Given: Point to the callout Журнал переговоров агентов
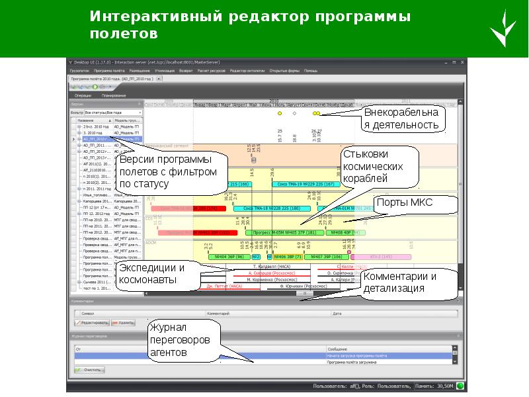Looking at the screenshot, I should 182,340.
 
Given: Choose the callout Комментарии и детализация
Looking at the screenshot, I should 409,283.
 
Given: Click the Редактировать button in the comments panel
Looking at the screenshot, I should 92,322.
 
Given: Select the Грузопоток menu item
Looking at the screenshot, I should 79,70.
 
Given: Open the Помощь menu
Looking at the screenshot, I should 310,70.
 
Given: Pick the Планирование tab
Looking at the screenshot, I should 114,95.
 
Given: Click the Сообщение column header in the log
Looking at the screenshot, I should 339,348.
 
